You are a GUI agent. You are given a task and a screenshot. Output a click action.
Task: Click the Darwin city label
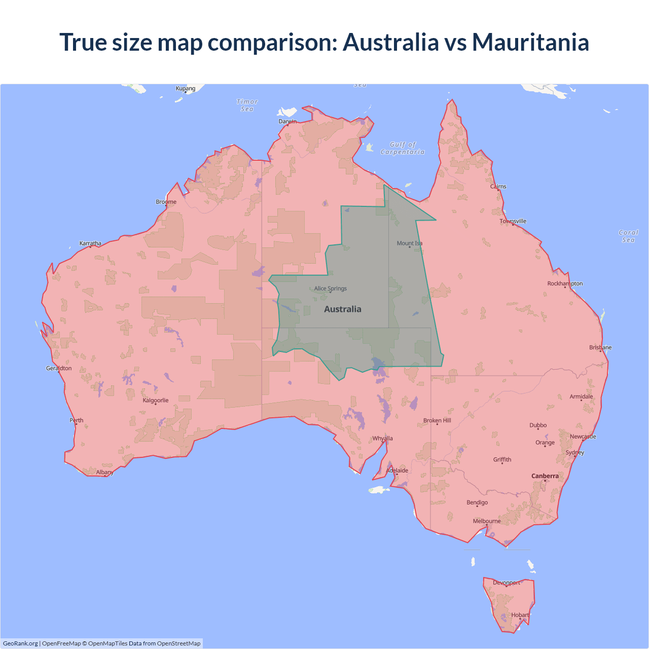pos(287,121)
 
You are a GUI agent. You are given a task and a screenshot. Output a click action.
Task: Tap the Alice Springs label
pos(331,289)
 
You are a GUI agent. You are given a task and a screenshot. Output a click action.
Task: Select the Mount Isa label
pos(409,243)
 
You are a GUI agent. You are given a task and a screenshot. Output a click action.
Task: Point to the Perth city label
pos(77,420)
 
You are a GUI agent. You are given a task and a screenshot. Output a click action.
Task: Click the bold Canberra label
pos(545,476)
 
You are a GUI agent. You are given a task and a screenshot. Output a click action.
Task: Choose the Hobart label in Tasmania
pos(520,615)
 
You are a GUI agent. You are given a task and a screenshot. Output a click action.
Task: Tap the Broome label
pos(166,202)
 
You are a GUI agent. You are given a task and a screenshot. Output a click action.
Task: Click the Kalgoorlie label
pos(156,401)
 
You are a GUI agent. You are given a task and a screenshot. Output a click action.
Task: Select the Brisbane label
pos(600,347)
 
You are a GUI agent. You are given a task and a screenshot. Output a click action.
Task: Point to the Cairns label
pos(498,187)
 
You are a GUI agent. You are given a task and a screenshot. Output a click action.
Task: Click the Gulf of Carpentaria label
pos(403,148)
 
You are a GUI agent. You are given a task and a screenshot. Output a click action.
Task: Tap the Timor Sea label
pos(247,105)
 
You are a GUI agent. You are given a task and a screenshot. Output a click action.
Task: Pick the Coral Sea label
pos(628,236)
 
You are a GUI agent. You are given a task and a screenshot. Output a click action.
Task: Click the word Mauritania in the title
pos(530,42)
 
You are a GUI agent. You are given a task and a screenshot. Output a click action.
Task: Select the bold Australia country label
pos(343,309)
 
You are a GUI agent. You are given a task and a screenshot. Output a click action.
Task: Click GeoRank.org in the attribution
pos(20,643)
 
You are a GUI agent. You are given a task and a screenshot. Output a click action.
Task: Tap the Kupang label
pos(186,89)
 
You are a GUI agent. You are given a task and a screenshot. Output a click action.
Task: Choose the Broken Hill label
pos(437,421)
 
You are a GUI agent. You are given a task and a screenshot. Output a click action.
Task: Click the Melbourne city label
pos(487,521)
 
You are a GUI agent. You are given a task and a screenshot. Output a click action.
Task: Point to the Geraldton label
pos(59,369)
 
